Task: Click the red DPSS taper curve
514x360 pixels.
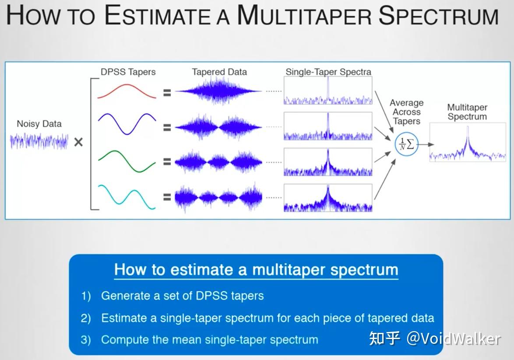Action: coord(127,85)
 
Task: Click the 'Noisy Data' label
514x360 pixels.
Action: coord(39,124)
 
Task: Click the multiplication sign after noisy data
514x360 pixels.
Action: coord(78,142)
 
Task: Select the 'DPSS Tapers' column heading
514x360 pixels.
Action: coord(128,72)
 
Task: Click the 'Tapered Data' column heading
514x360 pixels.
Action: coord(219,72)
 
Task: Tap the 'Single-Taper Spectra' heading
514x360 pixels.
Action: coord(328,72)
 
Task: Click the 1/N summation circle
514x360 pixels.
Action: coord(407,144)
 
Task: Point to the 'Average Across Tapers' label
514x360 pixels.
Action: coord(407,112)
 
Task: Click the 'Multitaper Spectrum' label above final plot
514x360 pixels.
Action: coord(467,112)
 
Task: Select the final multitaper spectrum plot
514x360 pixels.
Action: coord(468,142)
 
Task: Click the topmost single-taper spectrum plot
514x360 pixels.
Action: coord(328,91)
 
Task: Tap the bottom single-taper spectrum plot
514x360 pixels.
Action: coord(328,198)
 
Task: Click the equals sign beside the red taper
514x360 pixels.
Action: coord(167,92)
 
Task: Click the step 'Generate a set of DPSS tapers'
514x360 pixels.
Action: coord(182,296)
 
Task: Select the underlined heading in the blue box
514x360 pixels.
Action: coord(256,269)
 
